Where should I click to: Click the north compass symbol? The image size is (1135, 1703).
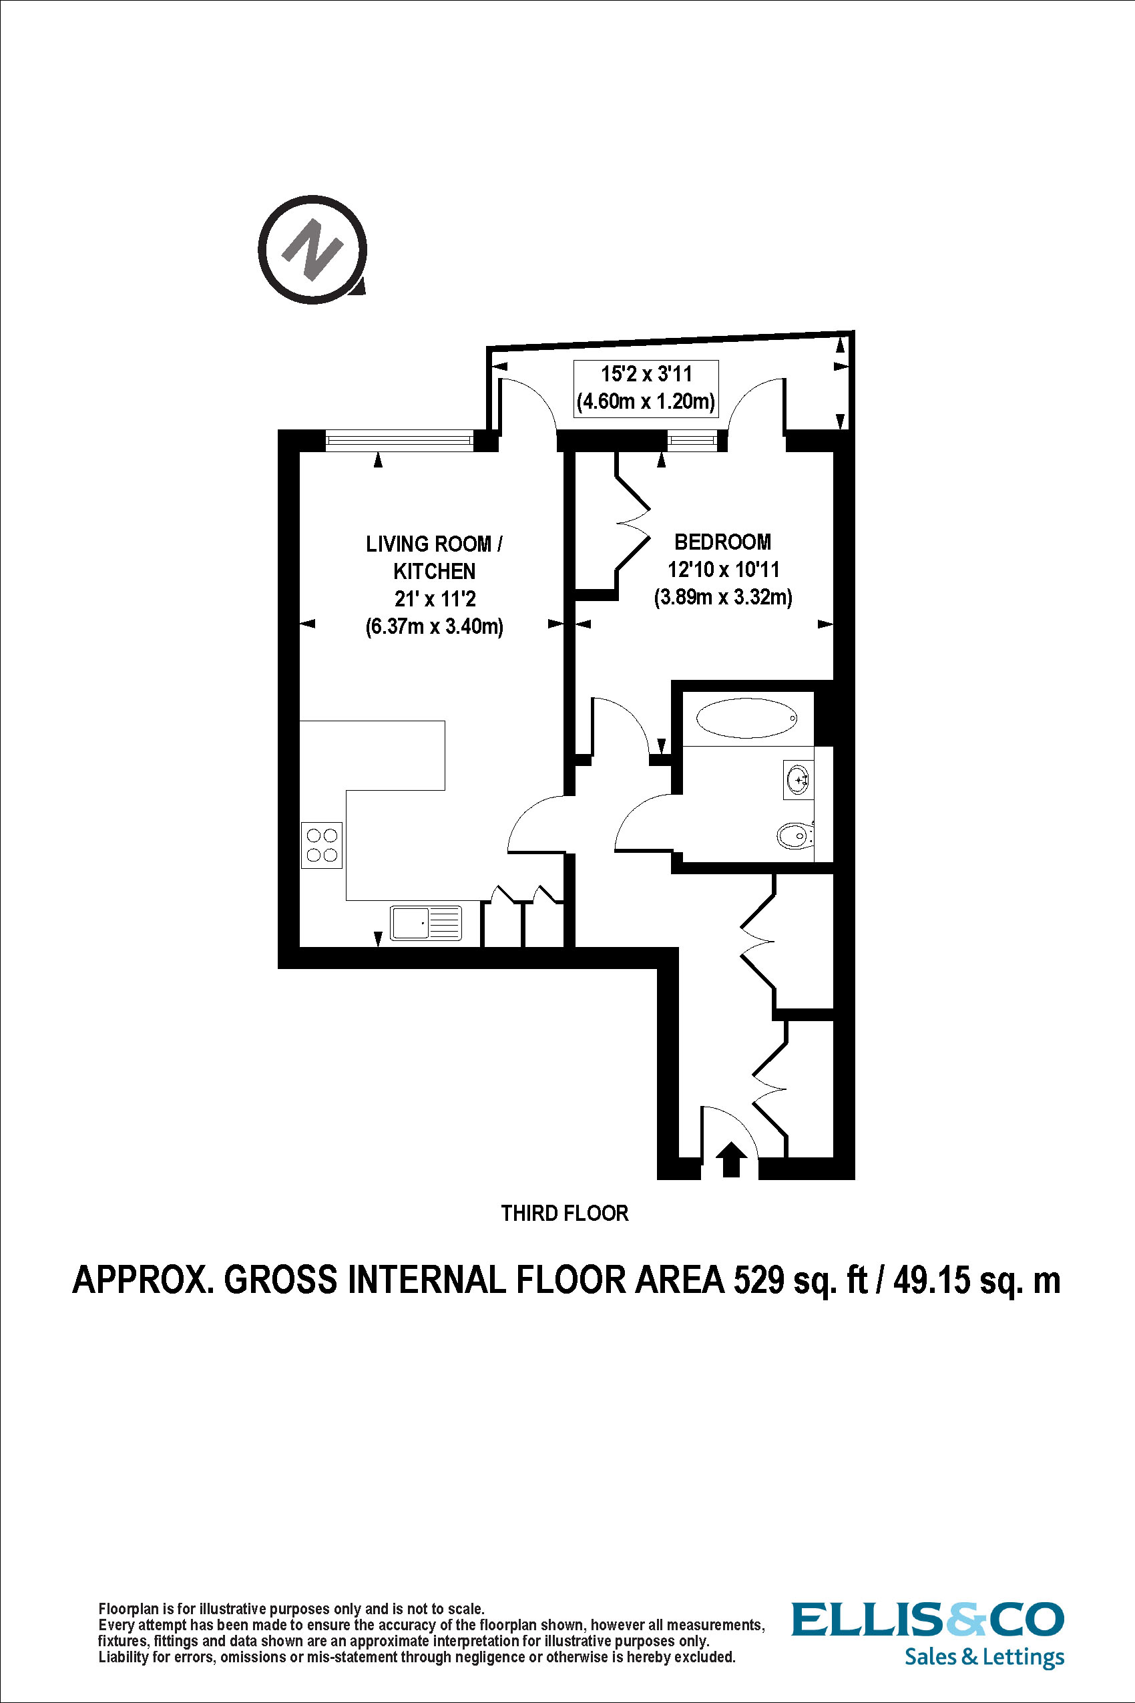click(312, 250)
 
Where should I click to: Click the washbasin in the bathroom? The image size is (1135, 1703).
click(798, 780)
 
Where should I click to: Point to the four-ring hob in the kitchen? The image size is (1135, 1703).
click(321, 845)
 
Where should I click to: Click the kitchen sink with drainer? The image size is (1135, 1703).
click(426, 923)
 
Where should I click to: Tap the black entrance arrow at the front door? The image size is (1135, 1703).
click(730, 1159)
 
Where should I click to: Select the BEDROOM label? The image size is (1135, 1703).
click(722, 542)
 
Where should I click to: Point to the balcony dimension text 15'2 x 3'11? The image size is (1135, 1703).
click(646, 375)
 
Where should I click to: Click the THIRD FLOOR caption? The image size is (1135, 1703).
click(565, 1213)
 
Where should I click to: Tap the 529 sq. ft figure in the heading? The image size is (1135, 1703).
click(800, 1280)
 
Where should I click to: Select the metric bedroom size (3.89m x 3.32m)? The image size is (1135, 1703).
click(722, 597)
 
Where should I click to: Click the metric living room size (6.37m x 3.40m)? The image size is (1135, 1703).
click(435, 626)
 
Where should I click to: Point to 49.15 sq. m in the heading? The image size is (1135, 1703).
click(977, 1280)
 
